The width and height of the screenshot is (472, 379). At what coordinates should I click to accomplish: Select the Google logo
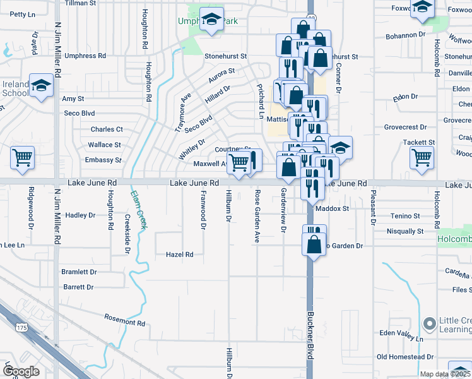click(x=21, y=371)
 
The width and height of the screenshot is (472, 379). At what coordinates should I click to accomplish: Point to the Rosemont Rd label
click(x=125, y=320)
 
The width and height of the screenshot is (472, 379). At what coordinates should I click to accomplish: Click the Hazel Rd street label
click(x=179, y=255)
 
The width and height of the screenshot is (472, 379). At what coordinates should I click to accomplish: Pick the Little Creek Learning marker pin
click(x=429, y=324)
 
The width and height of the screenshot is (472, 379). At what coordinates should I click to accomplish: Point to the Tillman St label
click(x=80, y=3)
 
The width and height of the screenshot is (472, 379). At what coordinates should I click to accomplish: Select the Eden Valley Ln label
click(x=400, y=333)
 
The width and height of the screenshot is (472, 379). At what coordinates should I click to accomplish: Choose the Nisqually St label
click(x=405, y=231)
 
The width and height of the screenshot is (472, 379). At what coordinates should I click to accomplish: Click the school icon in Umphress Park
click(x=212, y=20)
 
